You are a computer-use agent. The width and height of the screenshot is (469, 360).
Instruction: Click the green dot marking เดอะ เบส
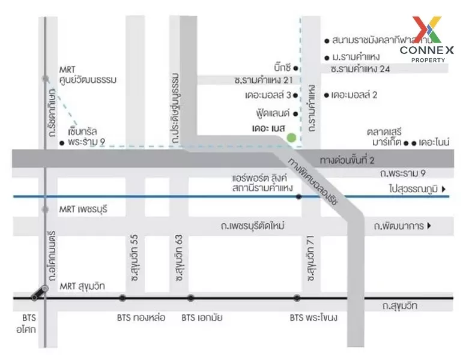coord(292,139)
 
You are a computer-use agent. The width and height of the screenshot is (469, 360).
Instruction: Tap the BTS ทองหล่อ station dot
coord(123,298)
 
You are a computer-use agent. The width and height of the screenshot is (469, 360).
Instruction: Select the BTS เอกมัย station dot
coord(190,298)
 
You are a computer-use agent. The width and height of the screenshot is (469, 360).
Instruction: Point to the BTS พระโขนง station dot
coord(297,298)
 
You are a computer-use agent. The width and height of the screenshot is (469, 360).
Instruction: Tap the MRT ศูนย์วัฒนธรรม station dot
coord(45,79)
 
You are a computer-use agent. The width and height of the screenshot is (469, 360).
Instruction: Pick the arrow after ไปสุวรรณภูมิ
coord(444,190)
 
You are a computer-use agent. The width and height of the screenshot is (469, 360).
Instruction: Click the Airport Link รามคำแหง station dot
coord(298,196)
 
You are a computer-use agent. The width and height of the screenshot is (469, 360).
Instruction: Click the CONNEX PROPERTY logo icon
coord(426,29)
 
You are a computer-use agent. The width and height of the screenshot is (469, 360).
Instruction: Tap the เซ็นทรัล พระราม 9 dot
coord(62,143)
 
